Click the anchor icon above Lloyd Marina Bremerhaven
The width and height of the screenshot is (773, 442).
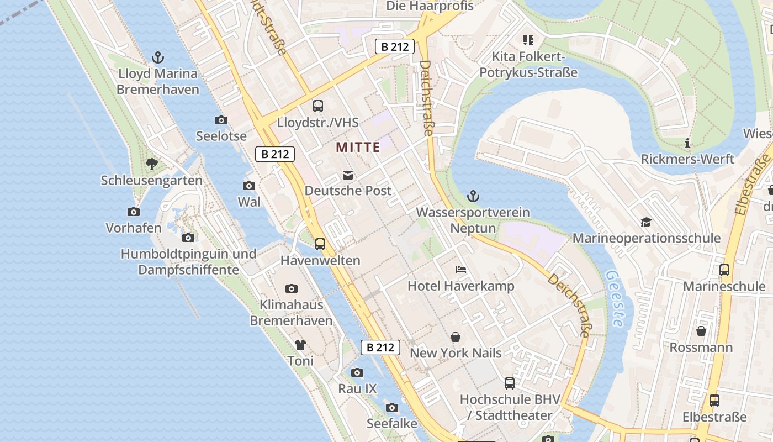click(158, 57)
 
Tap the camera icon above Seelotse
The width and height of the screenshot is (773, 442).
click(221, 120)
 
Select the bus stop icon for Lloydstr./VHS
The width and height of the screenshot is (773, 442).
click(317, 106)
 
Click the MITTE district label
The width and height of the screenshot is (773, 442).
click(358, 147)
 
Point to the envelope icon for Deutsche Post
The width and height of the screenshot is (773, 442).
click(348, 175)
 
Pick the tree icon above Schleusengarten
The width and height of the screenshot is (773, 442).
click(151, 164)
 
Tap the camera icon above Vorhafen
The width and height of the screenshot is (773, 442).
click(133, 212)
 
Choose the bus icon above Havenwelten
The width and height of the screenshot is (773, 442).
click(320, 244)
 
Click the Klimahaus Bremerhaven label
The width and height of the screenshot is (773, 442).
click(292, 312)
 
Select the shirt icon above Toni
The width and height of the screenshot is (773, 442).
click(300, 345)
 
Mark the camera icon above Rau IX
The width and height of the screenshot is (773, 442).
click(357, 372)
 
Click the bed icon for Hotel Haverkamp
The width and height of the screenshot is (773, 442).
click(461, 270)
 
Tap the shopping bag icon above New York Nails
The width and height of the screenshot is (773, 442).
click(456, 336)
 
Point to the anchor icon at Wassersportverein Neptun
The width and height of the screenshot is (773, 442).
click(473, 196)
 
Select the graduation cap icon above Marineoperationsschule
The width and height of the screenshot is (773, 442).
click(646, 222)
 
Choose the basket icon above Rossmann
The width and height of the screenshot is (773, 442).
click(701, 331)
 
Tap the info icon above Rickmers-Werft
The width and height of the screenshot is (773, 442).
click(687, 143)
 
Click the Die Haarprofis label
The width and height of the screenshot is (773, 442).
click(430, 6)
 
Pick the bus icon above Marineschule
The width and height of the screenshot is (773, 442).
click(724, 270)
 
